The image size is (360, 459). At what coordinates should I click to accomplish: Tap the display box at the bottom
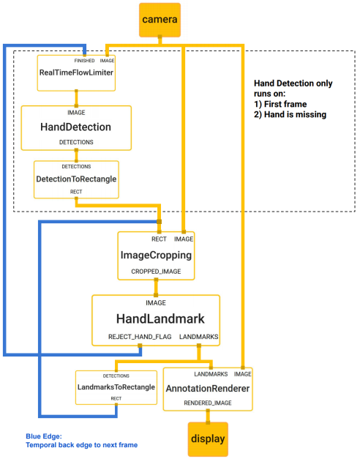[x=208, y=439]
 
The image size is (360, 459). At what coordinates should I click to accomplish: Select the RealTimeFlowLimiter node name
[x=76, y=72]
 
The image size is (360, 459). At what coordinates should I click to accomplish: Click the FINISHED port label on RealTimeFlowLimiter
[x=83, y=60]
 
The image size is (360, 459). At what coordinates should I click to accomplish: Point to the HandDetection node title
[x=76, y=127]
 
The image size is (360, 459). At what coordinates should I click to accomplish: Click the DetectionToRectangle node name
[x=76, y=179]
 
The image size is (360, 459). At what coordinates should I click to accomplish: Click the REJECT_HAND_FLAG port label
[x=130, y=336]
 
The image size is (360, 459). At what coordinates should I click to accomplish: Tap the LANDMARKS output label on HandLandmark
[x=198, y=336]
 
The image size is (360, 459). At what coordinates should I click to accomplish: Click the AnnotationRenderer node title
[x=208, y=388]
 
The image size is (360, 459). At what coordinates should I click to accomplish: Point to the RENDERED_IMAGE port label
[x=208, y=403]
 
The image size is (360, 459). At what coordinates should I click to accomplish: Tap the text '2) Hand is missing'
[x=290, y=116]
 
